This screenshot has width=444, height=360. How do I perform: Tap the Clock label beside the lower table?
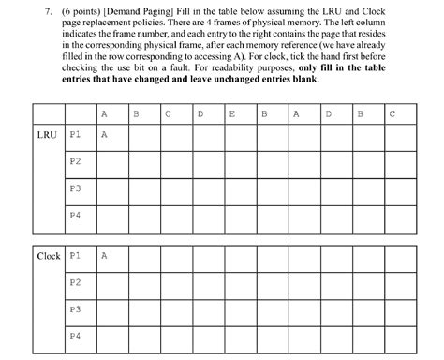click(48, 255)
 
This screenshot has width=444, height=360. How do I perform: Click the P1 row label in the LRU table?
click(76, 135)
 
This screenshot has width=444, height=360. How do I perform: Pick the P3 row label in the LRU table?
click(76, 188)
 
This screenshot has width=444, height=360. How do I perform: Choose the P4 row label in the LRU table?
click(76, 216)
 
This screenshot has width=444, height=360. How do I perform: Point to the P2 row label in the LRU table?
click(76, 161)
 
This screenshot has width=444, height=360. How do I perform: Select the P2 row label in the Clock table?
click(76, 281)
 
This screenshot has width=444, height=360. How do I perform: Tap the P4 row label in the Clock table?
click(76, 335)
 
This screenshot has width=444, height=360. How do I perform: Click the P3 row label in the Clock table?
click(76, 308)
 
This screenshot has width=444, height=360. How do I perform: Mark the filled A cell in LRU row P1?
click(104, 135)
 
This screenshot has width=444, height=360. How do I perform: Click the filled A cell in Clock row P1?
click(104, 255)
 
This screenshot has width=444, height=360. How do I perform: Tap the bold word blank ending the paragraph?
click(305, 79)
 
